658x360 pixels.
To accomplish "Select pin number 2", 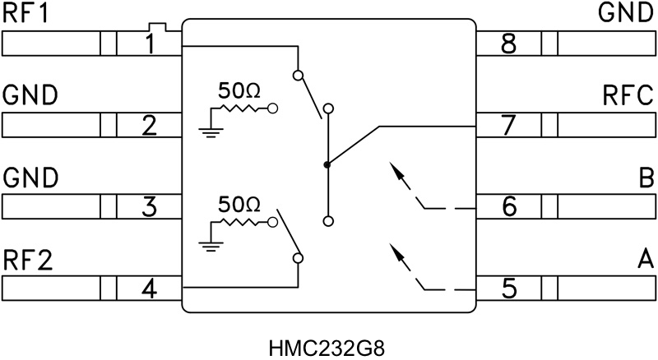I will point(149,126).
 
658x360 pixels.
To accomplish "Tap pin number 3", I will point(149,207).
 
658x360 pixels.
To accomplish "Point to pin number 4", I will point(149,289).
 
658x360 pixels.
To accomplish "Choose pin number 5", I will point(509,289).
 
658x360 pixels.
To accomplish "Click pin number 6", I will point(509,207).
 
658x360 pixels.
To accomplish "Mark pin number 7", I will point(509,126).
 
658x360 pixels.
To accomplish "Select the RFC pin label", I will point(629,96).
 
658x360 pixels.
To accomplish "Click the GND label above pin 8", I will point(627,14).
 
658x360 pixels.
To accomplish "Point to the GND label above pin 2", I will point(30,96).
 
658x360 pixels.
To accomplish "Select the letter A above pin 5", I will point(645,261).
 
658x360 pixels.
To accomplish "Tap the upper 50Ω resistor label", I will point(239,91).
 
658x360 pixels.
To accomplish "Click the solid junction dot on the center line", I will point(327,165).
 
